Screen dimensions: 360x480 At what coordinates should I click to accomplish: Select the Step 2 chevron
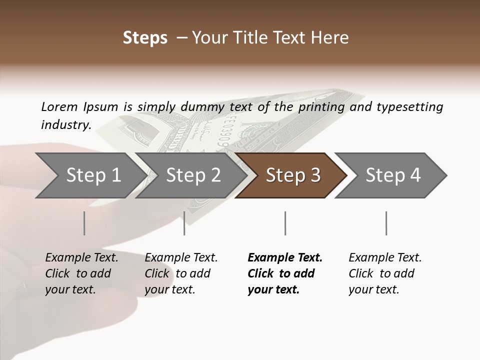click(193, 175)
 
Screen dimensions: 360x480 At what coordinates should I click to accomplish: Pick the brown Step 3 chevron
click(293, 175)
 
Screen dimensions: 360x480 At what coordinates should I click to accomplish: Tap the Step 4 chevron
click(393, 175)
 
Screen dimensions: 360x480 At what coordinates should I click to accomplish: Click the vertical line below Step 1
click(84, 223)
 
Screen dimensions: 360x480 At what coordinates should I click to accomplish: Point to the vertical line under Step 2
click(184, 223)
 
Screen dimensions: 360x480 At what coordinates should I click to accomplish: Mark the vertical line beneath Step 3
click(285, 223)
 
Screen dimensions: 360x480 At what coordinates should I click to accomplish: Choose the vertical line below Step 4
click(386, 223)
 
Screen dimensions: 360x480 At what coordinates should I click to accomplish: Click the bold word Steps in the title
click(145, 38)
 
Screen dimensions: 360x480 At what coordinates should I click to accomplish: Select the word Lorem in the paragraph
click(59, 106)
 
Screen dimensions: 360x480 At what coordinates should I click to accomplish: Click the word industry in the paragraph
click(66, 124)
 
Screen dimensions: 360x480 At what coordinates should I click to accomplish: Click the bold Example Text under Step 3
click(285, 258)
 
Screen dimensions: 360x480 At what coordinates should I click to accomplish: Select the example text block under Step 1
click(81, 273)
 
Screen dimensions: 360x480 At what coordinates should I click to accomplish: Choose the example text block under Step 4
click(385, 273)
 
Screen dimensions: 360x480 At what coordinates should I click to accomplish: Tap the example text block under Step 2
click(181, 273)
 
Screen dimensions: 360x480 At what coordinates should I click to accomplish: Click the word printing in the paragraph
click(322, 107)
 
